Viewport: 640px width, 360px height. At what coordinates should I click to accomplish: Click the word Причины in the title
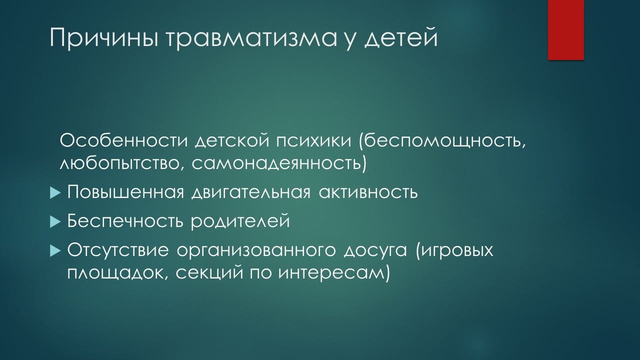pos(104,37)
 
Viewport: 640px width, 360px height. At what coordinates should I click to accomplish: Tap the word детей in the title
pos(401,36)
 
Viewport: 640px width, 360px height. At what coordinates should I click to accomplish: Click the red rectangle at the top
pos(565,30)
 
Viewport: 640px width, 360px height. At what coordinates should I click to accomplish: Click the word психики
pos(313,141)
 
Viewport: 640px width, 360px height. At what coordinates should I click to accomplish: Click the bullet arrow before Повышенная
pos(55,193)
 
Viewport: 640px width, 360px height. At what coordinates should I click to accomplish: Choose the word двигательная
pos(250,192)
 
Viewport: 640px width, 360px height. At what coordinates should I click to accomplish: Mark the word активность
pos(368,192)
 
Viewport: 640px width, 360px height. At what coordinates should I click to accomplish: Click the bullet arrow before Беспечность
pos(55,221)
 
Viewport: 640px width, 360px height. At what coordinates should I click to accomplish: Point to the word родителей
pos(240,221)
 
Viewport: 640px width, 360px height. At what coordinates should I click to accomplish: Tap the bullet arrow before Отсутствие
pos(55,251)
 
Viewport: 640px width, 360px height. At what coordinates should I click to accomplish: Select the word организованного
pos(256,250)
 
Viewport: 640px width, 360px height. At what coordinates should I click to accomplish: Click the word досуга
pos(375,251)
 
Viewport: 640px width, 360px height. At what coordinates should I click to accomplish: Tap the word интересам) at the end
pos(334,273)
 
